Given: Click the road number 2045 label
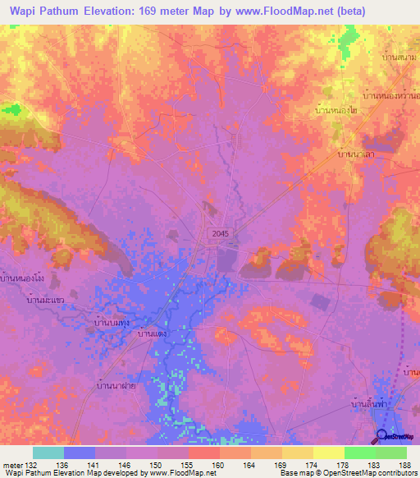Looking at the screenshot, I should point(216,233).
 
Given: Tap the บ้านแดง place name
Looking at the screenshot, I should point(153,333).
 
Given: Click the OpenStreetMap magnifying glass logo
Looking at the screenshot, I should point(383,436).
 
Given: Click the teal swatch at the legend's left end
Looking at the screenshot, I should point(48,453).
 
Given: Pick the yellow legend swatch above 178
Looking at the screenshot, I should point(328,453).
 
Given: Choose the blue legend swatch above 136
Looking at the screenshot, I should point(80,453).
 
